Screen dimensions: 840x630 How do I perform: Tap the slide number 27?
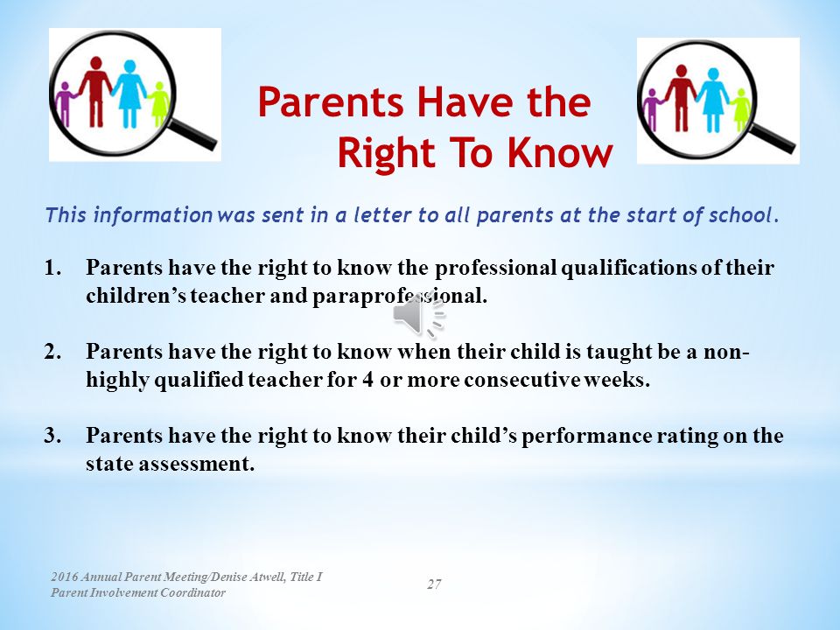click(434, 584)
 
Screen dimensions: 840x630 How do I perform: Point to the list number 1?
click(52, 268)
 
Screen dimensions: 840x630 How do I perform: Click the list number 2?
click(52, 352)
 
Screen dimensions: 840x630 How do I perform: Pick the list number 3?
click(52, 435)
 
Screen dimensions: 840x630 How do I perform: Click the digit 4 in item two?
click(367, 380)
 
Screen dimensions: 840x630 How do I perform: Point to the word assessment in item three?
click(196, 464)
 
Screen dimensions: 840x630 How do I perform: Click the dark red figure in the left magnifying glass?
click(95, 91)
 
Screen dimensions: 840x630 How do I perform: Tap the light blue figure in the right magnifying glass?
click(712, 99)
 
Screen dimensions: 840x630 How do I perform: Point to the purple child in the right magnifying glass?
click(652, 110)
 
